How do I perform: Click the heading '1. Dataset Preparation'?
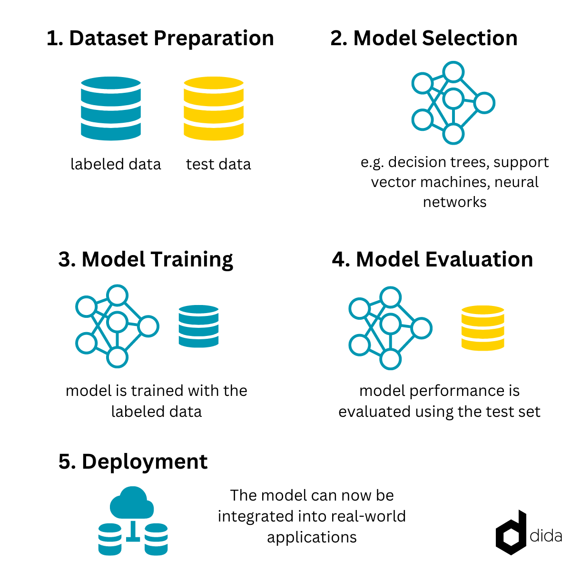tap(160, 39)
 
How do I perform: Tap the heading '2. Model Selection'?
tap(424, 38)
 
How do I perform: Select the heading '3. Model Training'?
tap(146, 260)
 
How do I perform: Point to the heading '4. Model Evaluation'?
tap(433, 259)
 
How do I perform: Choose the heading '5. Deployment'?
tap(133, 462)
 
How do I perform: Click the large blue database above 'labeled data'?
tap(110, 108)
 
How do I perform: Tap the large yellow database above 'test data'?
tap(213, 108)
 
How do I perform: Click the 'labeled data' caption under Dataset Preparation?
tap(116, 164)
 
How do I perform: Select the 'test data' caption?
tap(218, 164)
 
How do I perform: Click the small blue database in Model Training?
tap(198, 326)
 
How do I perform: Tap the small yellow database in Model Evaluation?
tap(482, 328)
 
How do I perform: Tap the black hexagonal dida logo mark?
tap(511, 533)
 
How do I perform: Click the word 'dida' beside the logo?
tap(545, 536)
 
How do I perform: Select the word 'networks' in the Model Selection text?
tap(454, 202)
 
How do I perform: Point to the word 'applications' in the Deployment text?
tap(312, 538)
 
